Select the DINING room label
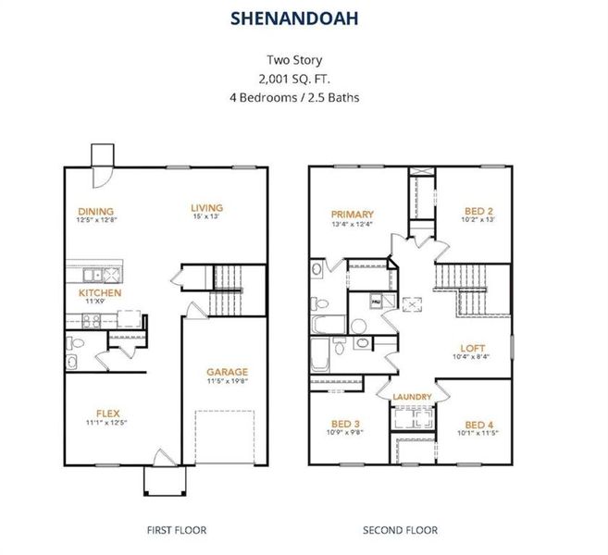[x=95, y=211]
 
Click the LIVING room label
[x=206, y=207]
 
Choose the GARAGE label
[x=227, y=372]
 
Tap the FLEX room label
[x=108, y=413]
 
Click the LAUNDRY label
[x=412, y=398]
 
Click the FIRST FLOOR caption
[x=176, y=530]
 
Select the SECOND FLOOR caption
[x=400, y=530]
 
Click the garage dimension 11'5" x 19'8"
[x=227, y=381]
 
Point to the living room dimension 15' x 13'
[x=206, y=216]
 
